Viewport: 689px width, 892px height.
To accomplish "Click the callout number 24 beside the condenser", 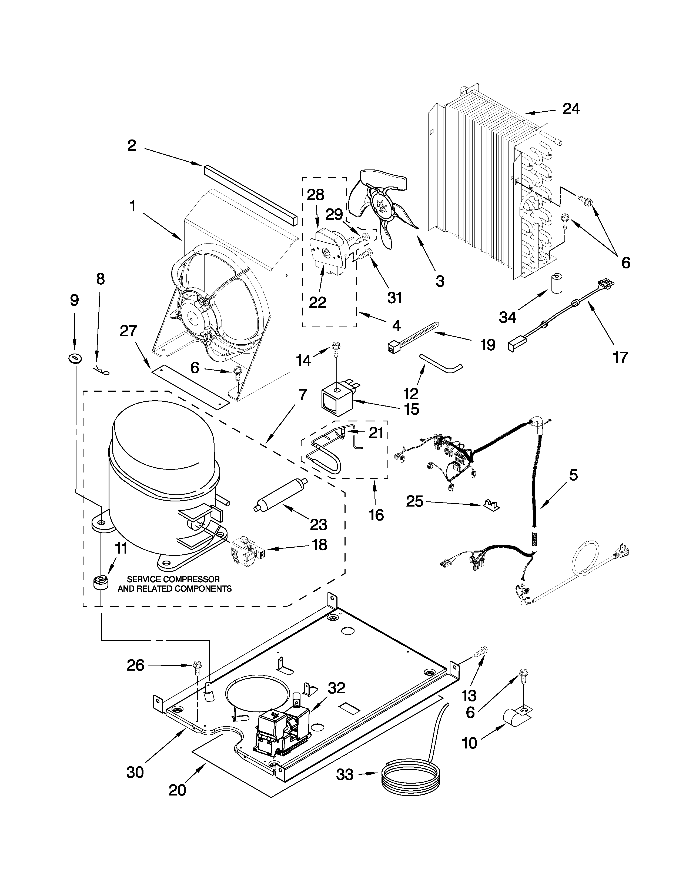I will click(571, 109).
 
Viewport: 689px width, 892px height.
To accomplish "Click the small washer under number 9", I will click(75, 358).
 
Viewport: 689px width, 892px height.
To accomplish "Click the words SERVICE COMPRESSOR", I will click(173, 579).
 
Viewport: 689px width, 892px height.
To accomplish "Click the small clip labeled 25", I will click(491, 505).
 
